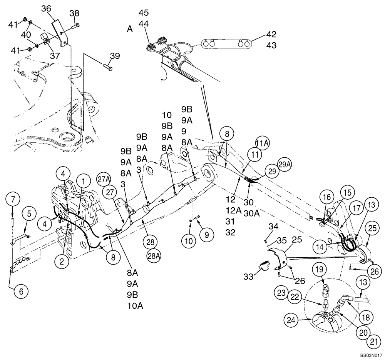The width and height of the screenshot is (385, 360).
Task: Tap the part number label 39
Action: point(114,56)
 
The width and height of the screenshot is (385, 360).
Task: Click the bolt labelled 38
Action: point(75,25)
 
